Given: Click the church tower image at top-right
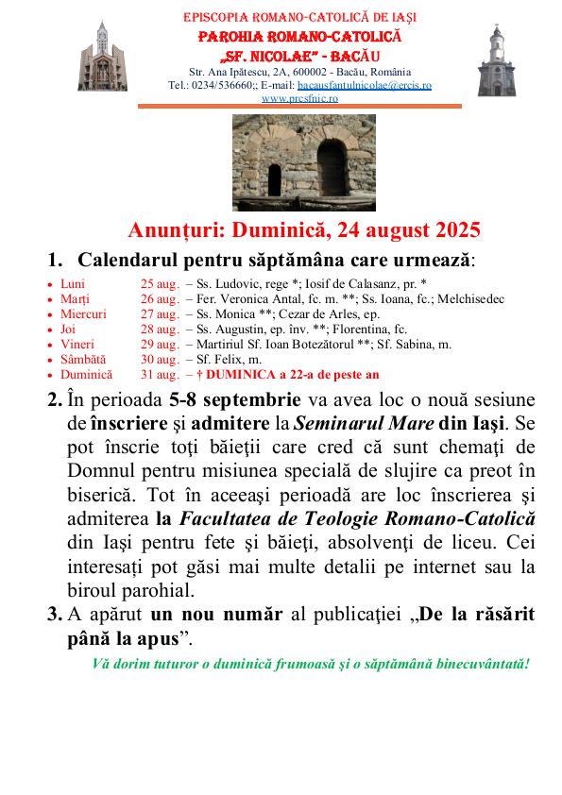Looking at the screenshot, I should [497, 59].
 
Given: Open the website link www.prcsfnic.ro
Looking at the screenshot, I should [299, 98].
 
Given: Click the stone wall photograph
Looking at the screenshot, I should [304, 162].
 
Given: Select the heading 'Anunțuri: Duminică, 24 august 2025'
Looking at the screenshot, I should [304, 230].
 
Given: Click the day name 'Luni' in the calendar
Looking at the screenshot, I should [73, 283].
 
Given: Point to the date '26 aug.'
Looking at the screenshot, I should [160, 298].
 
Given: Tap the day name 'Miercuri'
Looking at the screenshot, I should [83, 313].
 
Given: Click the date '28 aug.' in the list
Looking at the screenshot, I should [160, 329].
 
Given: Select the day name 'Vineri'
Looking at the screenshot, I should [77, 344].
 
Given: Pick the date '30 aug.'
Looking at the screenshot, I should [160, 359].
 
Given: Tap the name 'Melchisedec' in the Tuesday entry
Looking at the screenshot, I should [470, 298].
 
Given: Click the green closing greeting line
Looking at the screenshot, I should [311, 663].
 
